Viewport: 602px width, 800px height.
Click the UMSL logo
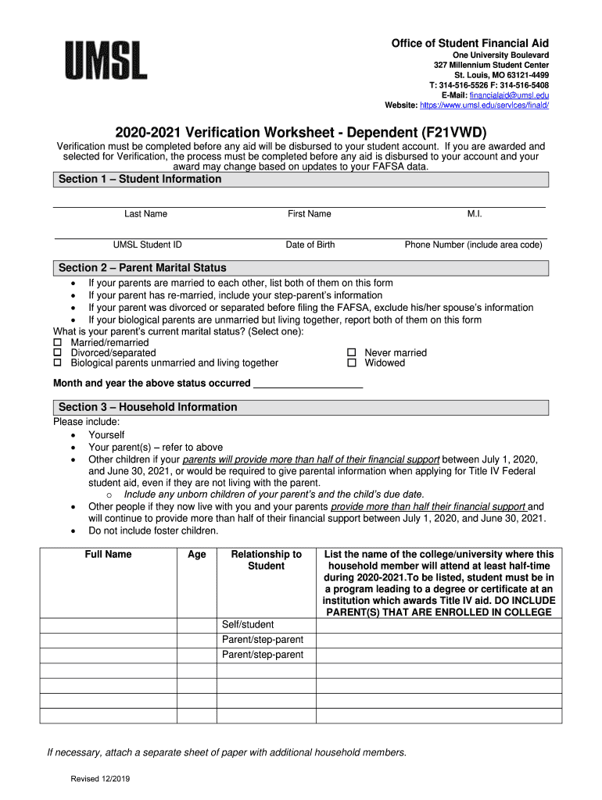pos(105,60)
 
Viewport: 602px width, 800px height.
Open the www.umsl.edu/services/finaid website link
pos(484,105)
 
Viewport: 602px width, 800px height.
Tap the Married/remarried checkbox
pos(57,342)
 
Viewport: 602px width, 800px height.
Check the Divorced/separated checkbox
pos(57,353)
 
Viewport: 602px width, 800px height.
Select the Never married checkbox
pos(352,353)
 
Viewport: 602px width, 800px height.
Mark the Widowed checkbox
pos(352,363)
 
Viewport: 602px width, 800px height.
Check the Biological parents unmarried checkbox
pos(57,363)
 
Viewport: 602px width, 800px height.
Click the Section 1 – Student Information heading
pos(140,180)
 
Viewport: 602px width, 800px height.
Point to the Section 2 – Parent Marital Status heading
pos(142,268)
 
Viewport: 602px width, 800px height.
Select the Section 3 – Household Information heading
pos(148,407)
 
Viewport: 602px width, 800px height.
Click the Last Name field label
pos(145,214)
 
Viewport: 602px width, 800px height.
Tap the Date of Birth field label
pos(310,245)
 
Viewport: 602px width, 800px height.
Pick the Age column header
pos(196,555)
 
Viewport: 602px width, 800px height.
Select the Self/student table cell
pos(248,625)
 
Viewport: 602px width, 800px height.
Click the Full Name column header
pos(108,555)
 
